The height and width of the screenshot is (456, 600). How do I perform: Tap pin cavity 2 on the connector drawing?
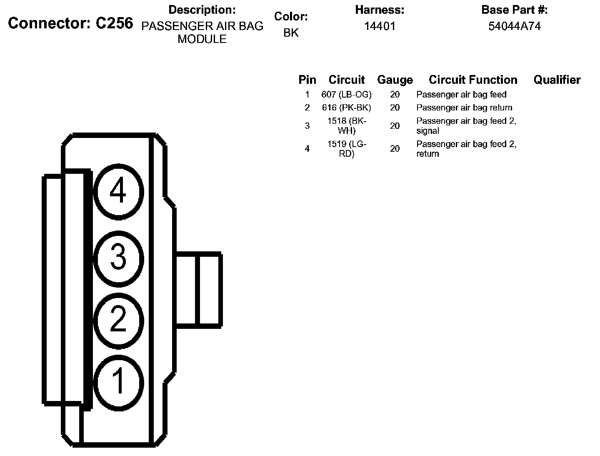(x=118, y=320)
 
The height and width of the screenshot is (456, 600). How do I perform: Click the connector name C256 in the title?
(x=114, y=23)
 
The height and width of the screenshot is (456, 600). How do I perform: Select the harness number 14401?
(x=380, y=26)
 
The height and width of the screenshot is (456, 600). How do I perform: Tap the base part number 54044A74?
(x=515, y=26)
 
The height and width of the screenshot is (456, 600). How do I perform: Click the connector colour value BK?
(x=291, y=33)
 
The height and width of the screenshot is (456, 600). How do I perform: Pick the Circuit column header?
(x=346, y=80)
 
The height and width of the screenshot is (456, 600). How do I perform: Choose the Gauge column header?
(x=395, y=80)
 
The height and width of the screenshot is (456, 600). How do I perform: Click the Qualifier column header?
(x=557, y=80)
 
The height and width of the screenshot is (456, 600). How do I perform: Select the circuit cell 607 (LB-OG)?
(x=346, y=95)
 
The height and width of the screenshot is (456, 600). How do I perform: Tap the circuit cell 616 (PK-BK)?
(x=346, y=108)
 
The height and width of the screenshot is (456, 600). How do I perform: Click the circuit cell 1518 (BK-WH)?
(x=347, y=125)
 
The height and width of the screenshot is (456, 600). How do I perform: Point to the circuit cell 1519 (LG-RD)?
(x=347, y=149)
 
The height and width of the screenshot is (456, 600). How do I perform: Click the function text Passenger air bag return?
(x=464, y=108)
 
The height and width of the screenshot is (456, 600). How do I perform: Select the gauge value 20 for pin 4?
(x=395, y=149)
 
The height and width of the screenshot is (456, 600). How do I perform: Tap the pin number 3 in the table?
(x=307, y=125)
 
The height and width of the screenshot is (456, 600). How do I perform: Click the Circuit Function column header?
(x=473, y=80)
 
